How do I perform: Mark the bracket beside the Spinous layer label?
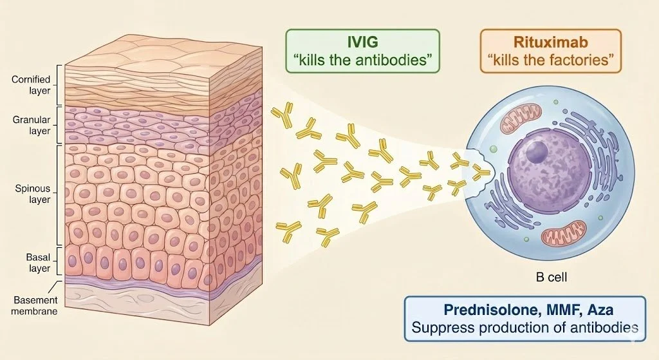pos(59,194)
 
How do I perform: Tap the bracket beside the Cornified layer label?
pos(59,85)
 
